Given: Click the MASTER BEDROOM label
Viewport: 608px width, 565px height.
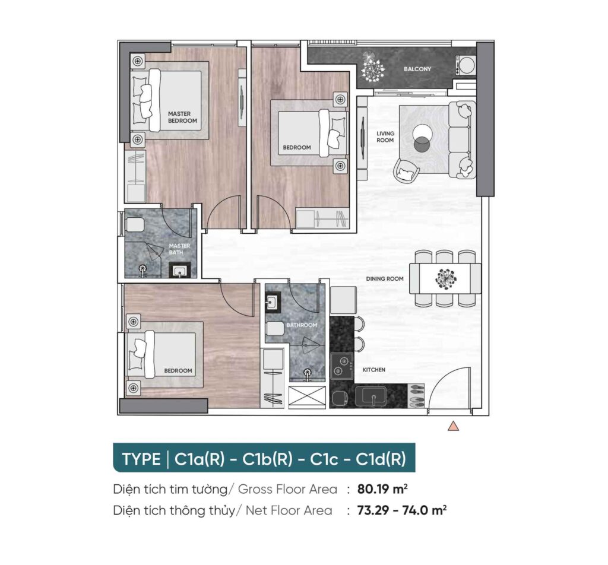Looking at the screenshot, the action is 182,117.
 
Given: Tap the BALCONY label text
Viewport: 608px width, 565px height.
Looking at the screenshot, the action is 417,69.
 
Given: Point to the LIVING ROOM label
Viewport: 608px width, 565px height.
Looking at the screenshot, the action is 385,137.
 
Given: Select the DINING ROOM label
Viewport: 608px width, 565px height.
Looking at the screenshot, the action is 385,278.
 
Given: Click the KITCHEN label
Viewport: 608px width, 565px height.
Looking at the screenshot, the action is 374,370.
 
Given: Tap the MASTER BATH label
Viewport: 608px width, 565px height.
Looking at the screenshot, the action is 179,249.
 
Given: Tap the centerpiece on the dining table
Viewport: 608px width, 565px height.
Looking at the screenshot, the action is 445,278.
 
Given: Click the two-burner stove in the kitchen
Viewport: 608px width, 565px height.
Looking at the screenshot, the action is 341,366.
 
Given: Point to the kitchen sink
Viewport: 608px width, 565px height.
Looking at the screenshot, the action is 371,396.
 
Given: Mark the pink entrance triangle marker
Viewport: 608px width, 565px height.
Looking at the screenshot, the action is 453,426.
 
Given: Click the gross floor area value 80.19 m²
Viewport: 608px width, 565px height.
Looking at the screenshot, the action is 382,489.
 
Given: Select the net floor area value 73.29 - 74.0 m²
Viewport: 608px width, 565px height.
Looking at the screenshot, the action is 402,510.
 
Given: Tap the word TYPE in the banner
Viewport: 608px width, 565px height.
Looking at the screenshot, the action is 141,459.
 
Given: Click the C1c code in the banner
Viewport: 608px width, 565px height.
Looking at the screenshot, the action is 324,459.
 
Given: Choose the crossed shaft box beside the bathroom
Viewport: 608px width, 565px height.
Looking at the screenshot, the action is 307,396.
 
